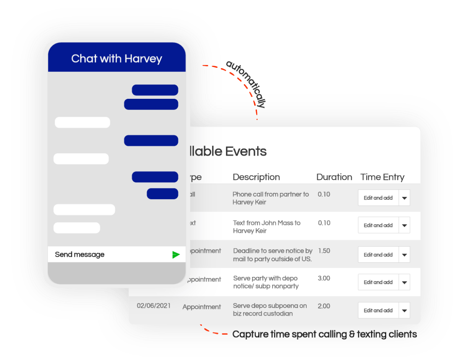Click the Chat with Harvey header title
pos(117,59)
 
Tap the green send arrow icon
pos(176,255)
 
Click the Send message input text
pos(80,255)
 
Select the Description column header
pos(256,177)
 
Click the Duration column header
pos(334,177)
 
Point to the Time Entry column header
pos(382,177)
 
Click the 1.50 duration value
pos(324,251)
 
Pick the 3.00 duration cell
pos(324,278)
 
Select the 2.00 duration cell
pos(324,306)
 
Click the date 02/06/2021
pos(154,306)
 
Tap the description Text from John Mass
pos(267,227)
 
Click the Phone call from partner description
pos(271,198)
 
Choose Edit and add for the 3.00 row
pos(378,282)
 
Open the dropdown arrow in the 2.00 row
pos(405,311)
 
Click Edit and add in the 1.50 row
pos(378,255)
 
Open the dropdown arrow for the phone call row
pos(405,198)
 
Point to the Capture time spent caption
pos(325,334)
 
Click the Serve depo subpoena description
pos(270,310)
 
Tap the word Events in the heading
pos(245,151)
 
